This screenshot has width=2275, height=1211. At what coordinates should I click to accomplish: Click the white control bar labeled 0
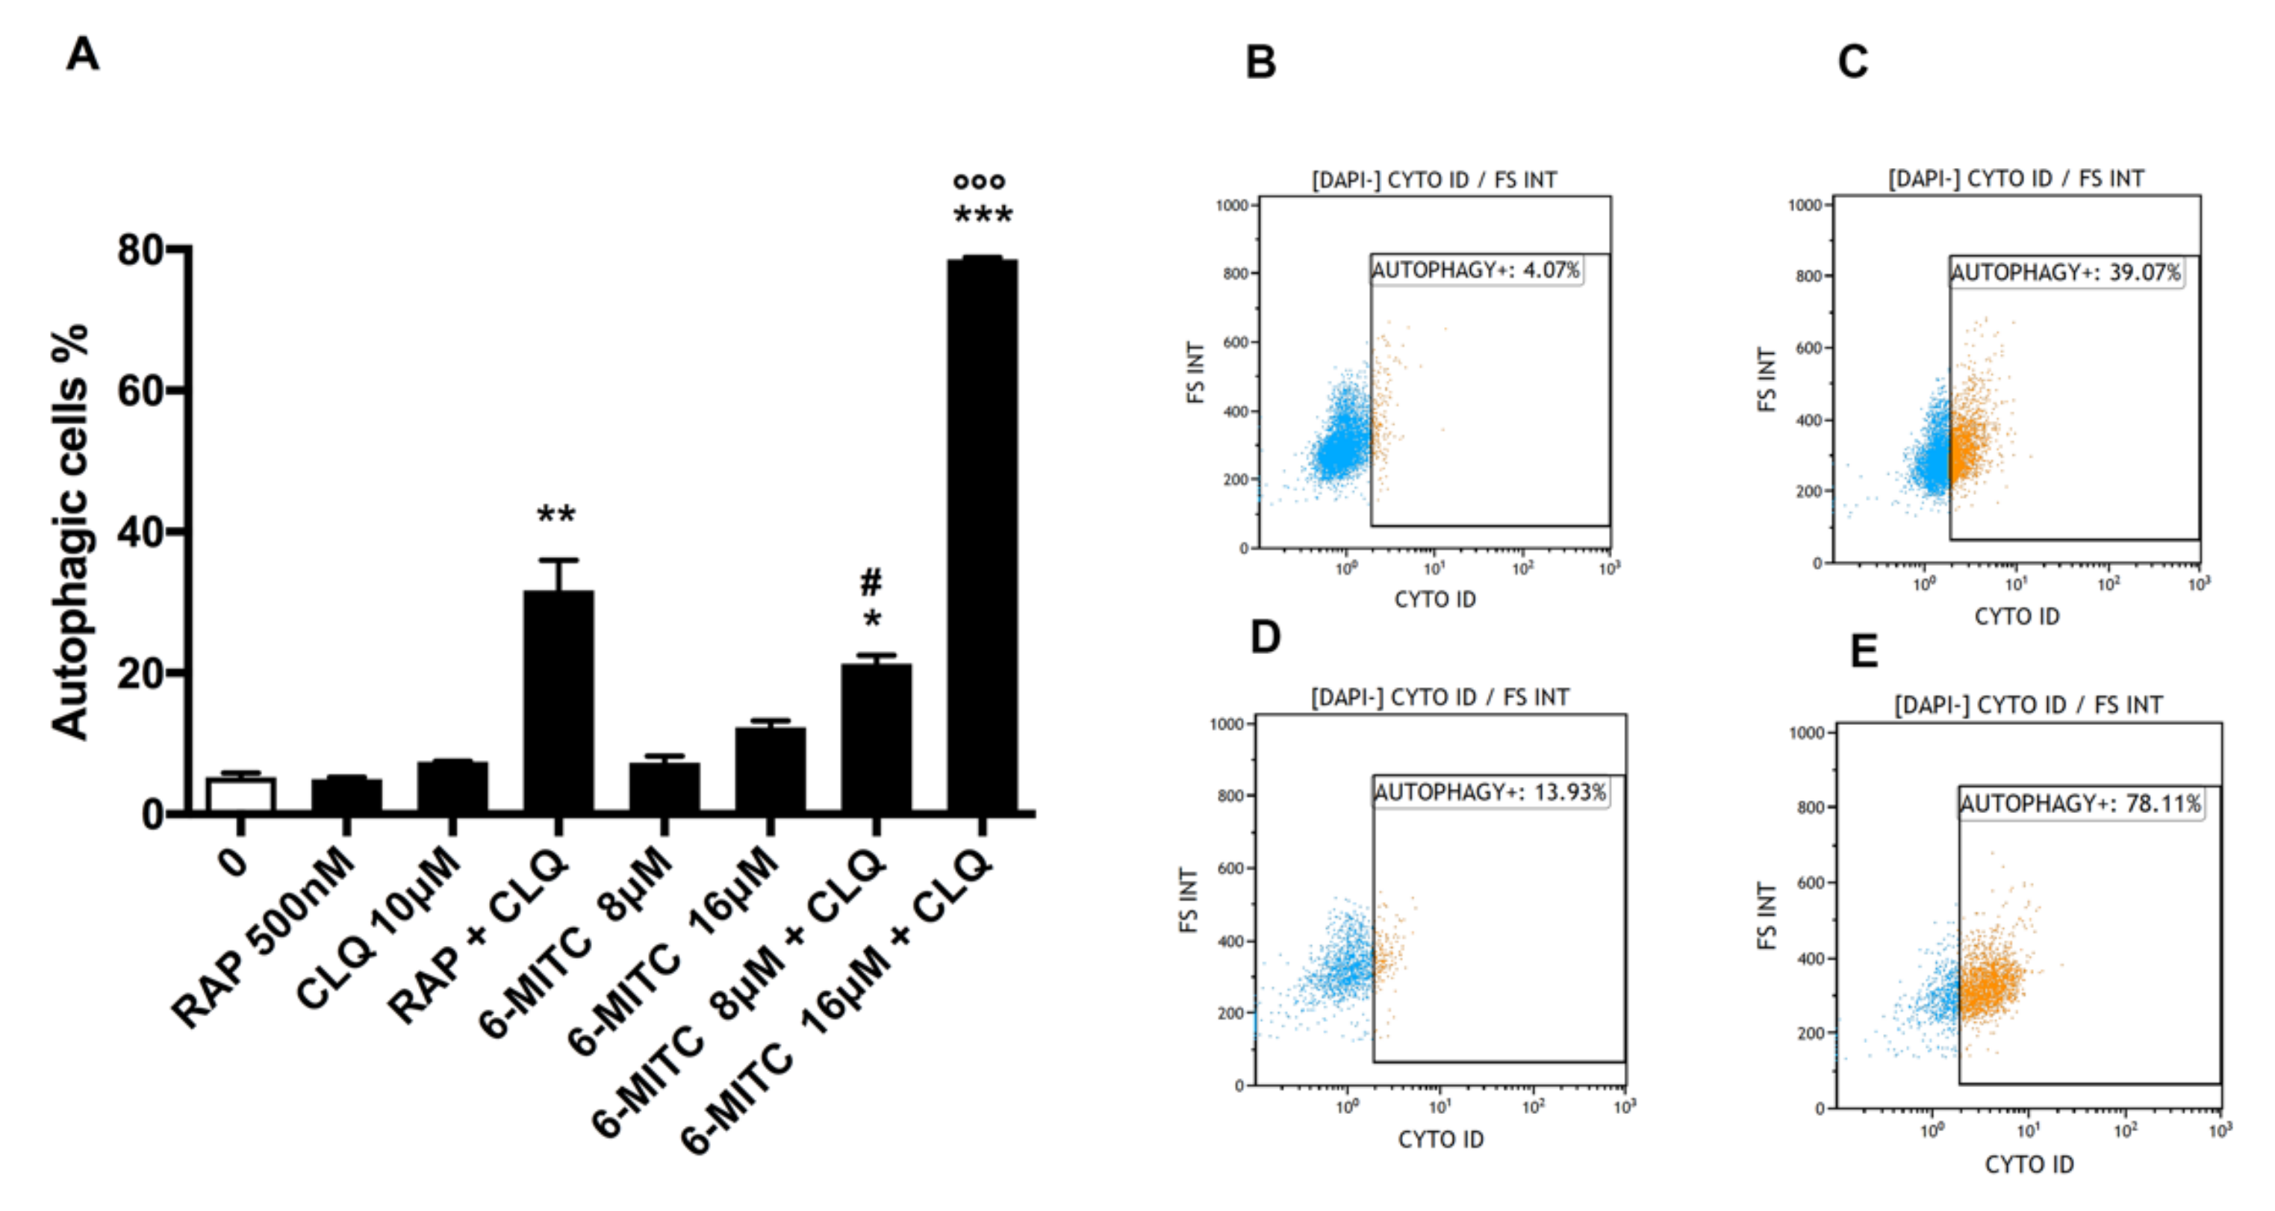(x=240, y=794)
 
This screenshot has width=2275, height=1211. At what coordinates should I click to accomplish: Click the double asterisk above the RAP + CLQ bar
(x=556, y=515)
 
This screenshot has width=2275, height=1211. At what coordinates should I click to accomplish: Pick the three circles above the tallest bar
(x=980, y=181)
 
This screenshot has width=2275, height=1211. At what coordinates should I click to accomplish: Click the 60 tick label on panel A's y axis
(x=141, y=390)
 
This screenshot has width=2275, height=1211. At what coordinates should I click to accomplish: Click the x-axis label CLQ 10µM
(x=380, y=927)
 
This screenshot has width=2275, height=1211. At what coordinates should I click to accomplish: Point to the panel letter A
(x=83, y=54)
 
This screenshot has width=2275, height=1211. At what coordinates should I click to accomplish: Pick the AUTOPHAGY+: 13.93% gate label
(x=1490, y=792)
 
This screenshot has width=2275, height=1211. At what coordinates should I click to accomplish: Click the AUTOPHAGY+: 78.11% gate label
(x=2081, y=804)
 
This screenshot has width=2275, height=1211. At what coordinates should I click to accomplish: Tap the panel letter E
(x=1864, y=651)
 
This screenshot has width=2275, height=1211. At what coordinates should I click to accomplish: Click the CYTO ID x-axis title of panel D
(x=1440, y=1139)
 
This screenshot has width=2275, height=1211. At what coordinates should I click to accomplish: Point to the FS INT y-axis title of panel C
(x=1767, y=380)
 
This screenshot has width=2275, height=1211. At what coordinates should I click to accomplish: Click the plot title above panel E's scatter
(x=2028, y=705)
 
